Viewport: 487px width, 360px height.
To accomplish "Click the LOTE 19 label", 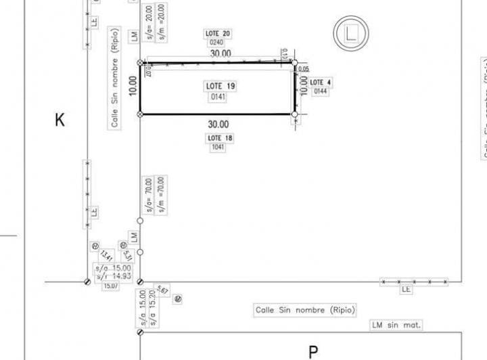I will pos(220,86).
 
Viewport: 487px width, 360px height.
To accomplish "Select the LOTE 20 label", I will pos(218,33).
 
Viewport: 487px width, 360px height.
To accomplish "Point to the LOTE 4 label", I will pos(321,82).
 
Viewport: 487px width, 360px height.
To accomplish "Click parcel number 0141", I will pos(218,97).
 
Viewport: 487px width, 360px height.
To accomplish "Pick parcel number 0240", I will pos(216,43).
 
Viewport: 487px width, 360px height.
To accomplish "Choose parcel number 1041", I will pos(218,148).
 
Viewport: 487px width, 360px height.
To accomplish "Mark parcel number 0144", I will pos(320,91).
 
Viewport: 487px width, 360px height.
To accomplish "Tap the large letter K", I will pos(60,120).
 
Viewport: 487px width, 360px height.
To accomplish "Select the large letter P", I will pos(313,352).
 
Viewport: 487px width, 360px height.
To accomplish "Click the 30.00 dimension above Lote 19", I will pos(220,53).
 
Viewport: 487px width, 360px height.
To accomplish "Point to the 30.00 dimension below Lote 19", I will pos(218,125).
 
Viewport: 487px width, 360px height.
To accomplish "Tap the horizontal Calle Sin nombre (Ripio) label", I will pos(305,310).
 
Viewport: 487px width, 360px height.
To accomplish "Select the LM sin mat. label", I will pos(396,325).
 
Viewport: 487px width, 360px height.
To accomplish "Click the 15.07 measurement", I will pos(110,286).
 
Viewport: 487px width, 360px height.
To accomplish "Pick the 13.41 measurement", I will pos(106,257).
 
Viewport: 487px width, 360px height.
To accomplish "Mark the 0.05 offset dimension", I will pos(304,68).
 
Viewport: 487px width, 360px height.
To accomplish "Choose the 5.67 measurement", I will pos(162,290).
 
